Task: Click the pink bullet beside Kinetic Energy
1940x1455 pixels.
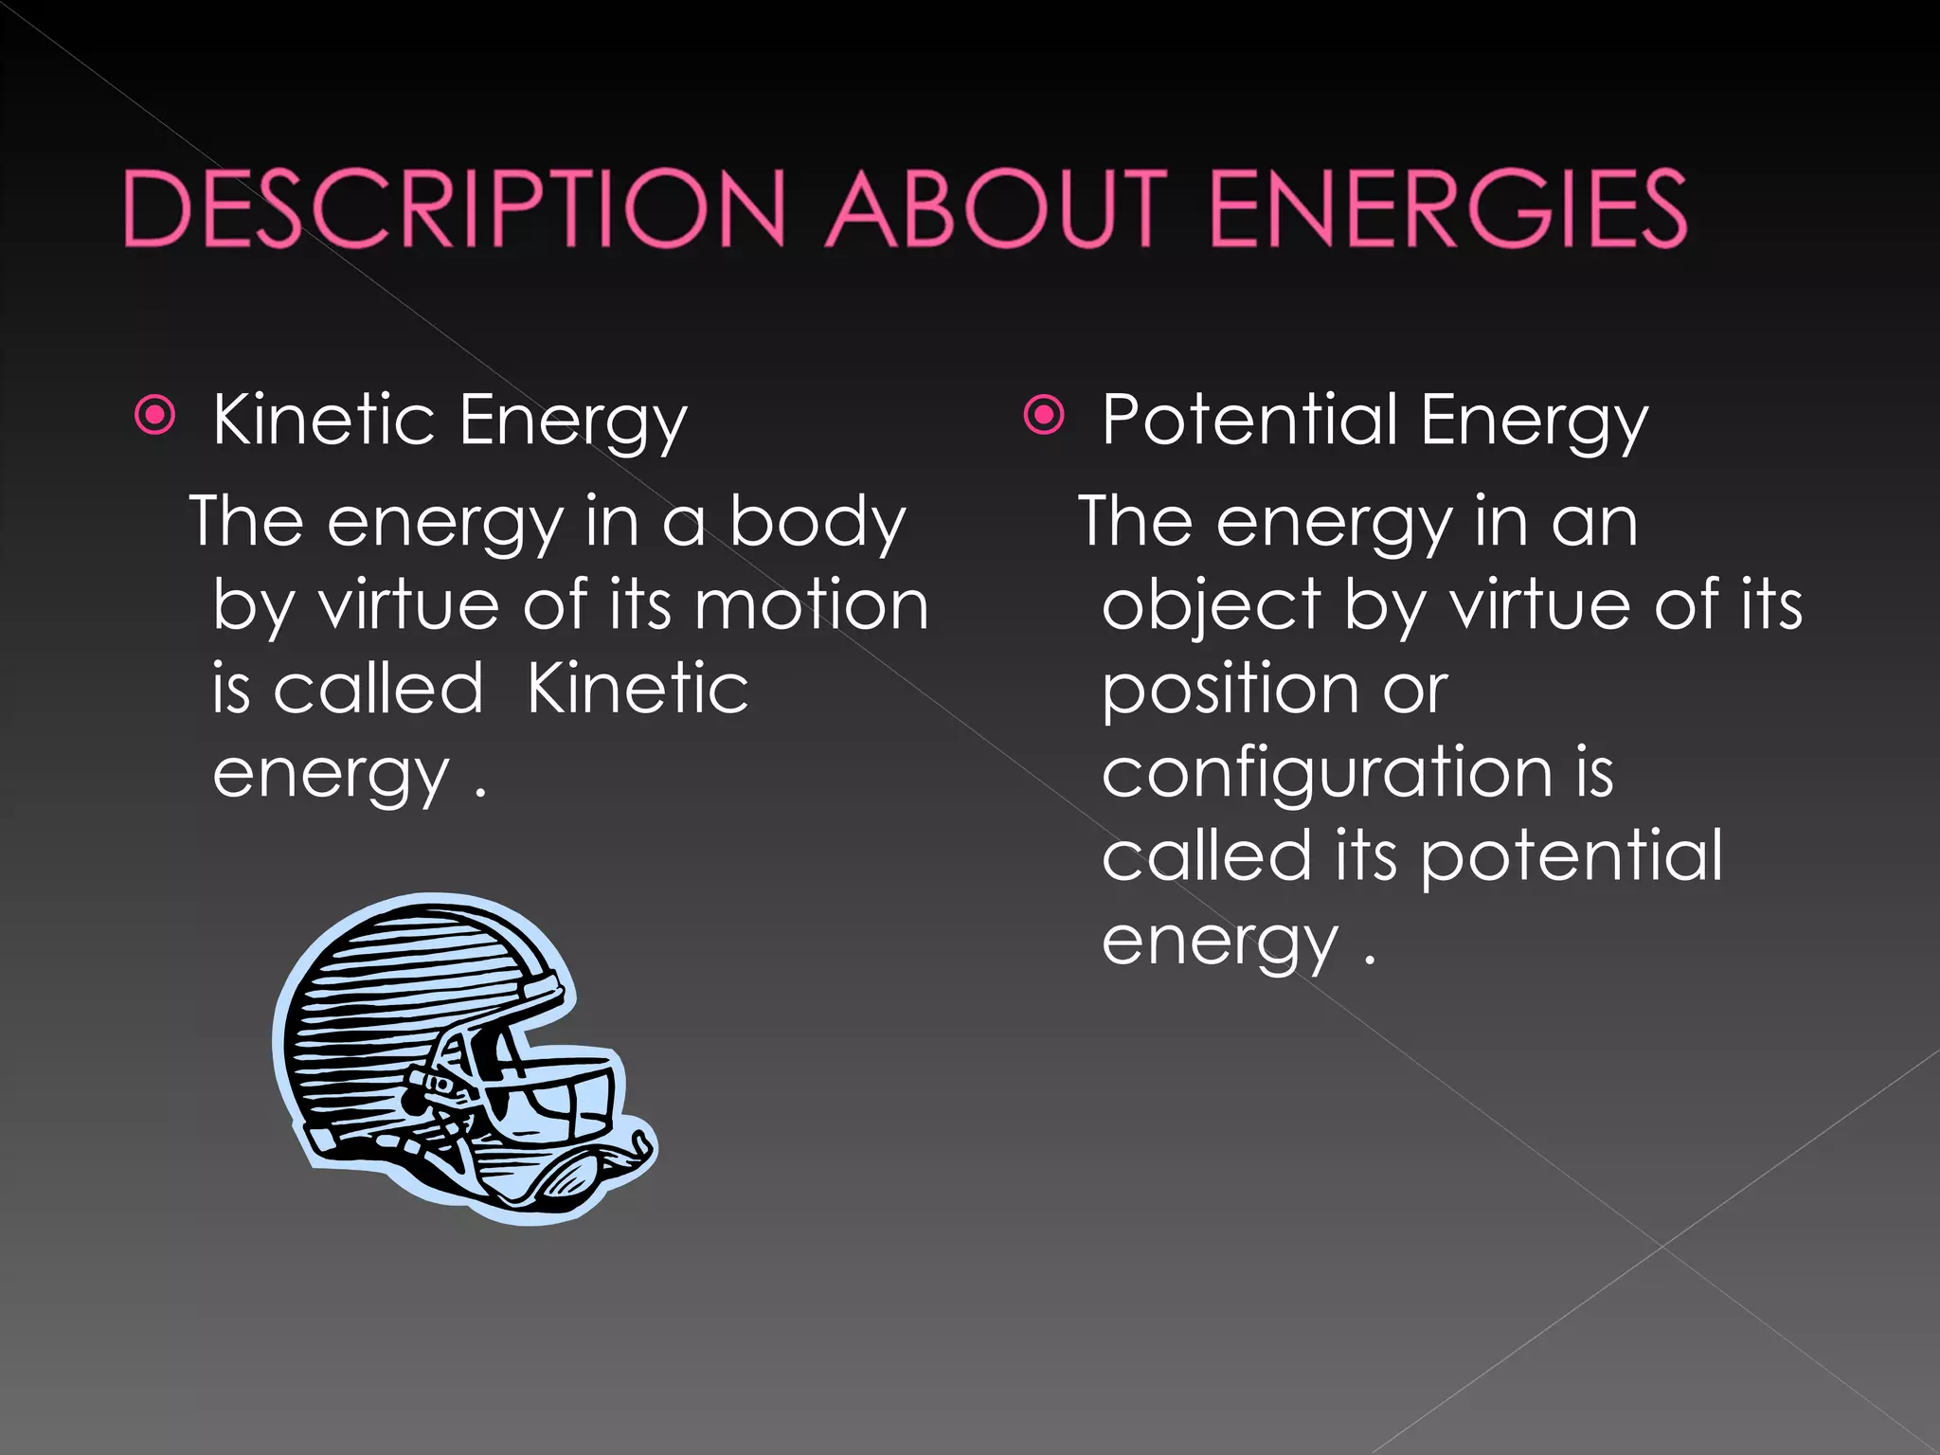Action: point(155,415)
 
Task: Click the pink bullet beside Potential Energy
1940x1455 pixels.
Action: point(1044,415)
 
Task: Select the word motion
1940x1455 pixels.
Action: point(811,605)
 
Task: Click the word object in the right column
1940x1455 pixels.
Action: point(1212,607)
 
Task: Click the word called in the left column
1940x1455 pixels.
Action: point(379,689)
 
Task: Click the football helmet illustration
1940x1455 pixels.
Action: point(455,1051)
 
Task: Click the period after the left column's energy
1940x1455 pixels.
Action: point(480,792)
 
